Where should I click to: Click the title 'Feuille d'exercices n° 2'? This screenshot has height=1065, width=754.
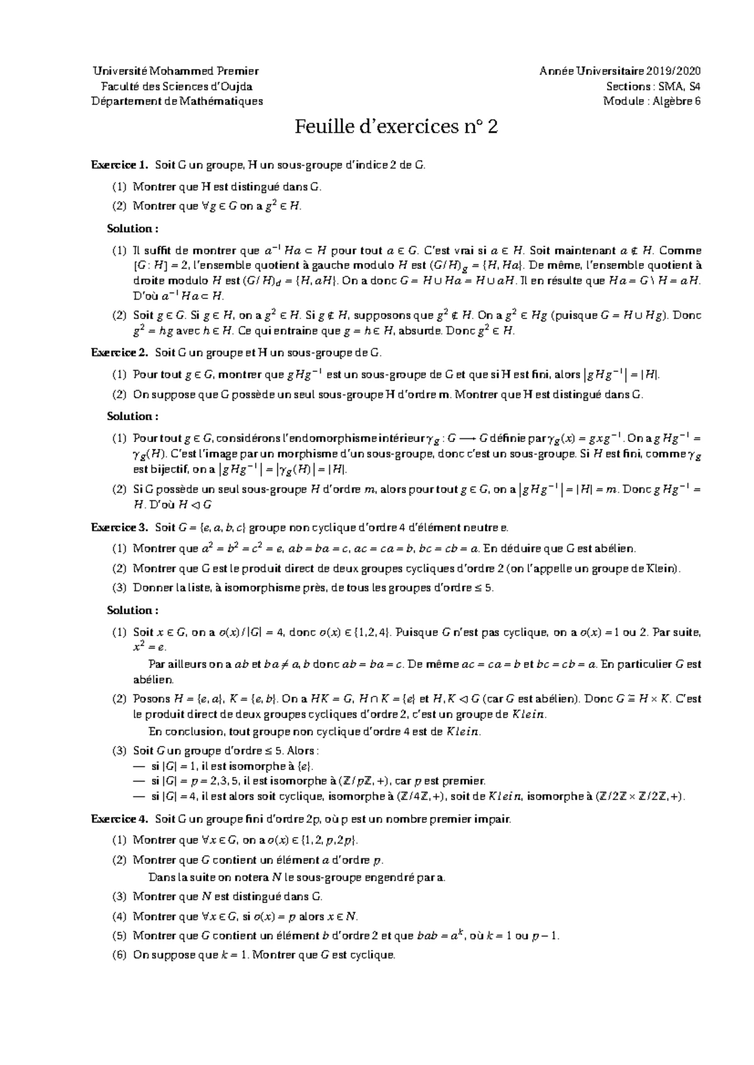point(397,127)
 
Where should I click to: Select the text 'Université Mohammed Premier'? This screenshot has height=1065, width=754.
point(175,71)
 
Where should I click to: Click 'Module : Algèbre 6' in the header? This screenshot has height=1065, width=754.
point(652,101)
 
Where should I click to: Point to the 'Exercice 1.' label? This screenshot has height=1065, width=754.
point(119,166)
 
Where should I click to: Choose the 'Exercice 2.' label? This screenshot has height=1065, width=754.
point(119,353)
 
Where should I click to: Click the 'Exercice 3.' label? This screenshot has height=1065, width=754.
point(119,527)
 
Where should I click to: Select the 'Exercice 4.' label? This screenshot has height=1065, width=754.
point(119,819)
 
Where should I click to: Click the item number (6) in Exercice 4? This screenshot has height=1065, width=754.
point(119,956)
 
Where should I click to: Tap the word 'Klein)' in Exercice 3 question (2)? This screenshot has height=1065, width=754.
point(664,569)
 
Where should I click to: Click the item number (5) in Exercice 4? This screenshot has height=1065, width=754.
point(119,936)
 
